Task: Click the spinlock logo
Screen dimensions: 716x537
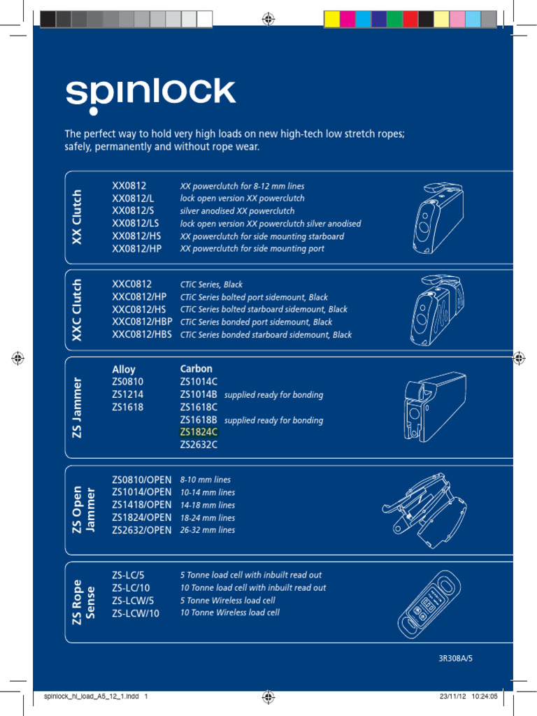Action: pyautogui.click(x=150, y=96)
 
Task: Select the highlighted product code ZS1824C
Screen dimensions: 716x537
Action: pyautogui.click(x=199, y=432)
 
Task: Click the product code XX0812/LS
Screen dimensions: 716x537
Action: pyautogui.click(x=136, y=224)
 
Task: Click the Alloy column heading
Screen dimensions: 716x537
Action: pyautogui.click(x=124, y=369)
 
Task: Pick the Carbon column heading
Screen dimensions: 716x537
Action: pyautogui.click(x=196, y=368)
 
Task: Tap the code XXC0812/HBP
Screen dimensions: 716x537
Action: pyautogui.click(x=142, y=322)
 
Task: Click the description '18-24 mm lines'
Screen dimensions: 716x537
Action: pyautogui.click(x=208, y=517)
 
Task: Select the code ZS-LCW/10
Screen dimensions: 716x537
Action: pyautogui.click(x=136, y=613)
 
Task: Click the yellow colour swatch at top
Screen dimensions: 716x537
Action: pyautogui.click(x=332, y=19)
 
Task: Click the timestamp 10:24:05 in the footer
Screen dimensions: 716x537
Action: pyautogui.click(x=481, y=696)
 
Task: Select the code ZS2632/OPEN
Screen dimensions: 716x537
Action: pyautogui.click(x=141, y=530)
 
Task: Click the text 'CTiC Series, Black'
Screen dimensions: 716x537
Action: pyautogui.click(x=211, y=285)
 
